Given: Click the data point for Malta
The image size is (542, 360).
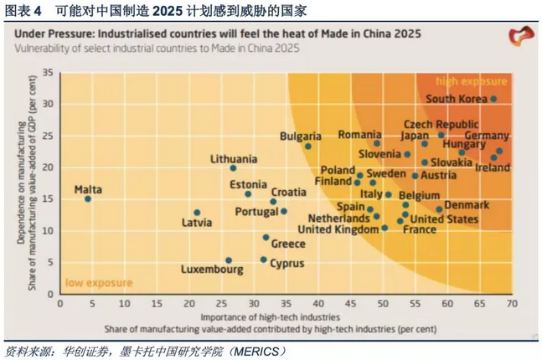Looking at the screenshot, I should tap(88, 198).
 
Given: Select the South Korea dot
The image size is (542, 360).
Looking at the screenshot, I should tap(494, 99).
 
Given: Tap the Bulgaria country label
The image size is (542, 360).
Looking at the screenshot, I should tap(300, 136).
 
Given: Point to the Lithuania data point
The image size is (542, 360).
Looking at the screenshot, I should tap(233, 168).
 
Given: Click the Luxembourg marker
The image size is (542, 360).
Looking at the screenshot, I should tap(229, 260).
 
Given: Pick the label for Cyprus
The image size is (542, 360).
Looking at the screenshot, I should tap(286, 263).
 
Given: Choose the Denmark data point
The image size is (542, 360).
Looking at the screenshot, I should tap(439, 209).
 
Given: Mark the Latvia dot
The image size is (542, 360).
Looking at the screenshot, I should tap(197, 213).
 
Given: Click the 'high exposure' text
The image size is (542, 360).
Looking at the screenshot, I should tap(472, 81).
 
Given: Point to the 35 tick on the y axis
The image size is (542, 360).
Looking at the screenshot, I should tap(48, 73).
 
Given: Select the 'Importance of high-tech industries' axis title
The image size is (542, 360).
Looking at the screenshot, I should tap(270, 317).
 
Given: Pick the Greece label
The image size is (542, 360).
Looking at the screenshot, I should tap(287, 244).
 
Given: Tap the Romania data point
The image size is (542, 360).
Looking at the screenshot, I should tap(377, 143).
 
